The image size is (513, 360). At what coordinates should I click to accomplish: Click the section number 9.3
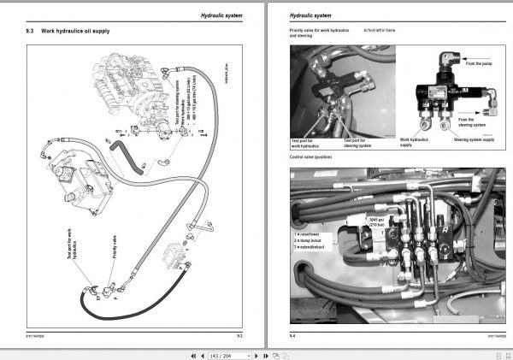(31, 32)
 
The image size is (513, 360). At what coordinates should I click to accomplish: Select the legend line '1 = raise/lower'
(310, 233)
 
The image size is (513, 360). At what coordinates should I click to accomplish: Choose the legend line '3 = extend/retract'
(313, 246)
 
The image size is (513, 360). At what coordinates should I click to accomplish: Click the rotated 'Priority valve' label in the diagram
(114, 250)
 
